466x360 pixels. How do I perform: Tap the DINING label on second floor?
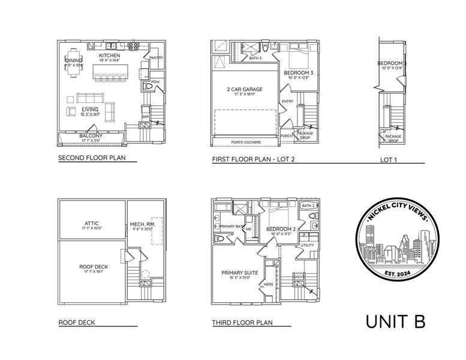coord(74,60)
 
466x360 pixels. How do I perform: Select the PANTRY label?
coord(156,58)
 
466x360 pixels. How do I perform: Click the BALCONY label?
coord(91,136)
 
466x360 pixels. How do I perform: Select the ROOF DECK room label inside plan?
coord(92,267)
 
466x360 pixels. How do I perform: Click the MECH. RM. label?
coord(143,225)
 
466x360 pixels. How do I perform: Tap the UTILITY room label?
coord(307,245)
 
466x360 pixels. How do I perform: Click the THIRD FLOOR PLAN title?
coord(242,323)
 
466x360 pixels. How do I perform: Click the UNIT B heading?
coord(396,321)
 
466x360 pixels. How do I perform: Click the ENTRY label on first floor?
coord(287,101)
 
